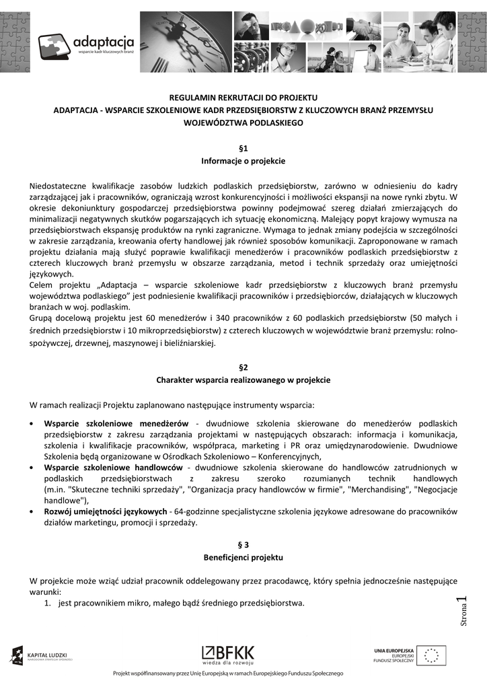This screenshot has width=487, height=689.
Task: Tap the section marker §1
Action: click(x=243, y=147)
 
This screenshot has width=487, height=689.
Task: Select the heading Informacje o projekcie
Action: click(x=243, y=161)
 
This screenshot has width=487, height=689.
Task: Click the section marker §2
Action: click(x=243, y=367)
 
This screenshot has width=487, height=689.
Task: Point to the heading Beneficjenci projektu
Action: click(x=243, y=558)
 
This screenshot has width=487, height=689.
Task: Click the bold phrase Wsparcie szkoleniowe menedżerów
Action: click(x=116, y=424)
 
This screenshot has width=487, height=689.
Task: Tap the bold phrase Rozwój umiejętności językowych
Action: click(x=106, y=511)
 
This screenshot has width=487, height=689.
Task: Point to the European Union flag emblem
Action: click(x=430, y=655)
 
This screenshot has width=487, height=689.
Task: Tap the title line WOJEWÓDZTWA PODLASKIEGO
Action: click(x=243, y=123)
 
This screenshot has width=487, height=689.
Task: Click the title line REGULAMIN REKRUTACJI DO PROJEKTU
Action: click(x=243, y=98)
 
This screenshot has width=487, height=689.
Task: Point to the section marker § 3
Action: click(x=243, y=545)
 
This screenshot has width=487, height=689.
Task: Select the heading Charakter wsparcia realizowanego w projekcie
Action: click(x=243, y=380)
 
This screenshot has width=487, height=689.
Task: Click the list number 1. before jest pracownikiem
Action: click(x=48, y=603)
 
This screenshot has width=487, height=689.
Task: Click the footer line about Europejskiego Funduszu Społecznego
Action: click(x=229, y=674)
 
